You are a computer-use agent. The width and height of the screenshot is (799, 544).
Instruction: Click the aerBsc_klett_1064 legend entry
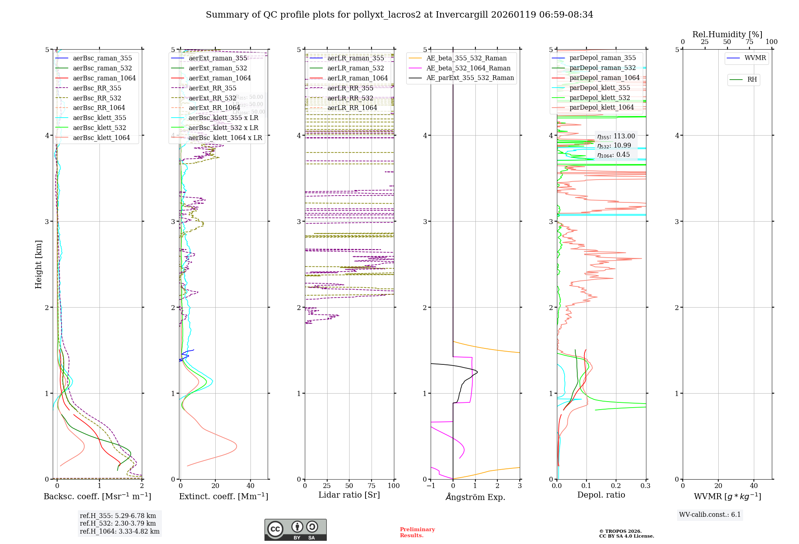pos(101,138)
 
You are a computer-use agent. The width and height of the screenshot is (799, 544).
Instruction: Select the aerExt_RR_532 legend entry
pos(212,98)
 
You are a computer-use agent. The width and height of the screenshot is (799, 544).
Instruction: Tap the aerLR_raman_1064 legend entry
pos(357,78)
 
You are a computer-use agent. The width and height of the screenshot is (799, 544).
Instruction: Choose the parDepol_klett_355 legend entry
pos(599,88)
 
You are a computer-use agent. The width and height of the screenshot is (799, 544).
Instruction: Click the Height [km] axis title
pos(38,264)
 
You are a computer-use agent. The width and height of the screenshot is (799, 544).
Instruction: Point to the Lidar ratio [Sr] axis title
pos(349,495)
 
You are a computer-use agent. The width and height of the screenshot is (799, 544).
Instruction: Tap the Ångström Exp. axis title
pos(475,497)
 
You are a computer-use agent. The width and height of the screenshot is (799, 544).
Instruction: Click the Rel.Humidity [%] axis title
pos(727,34)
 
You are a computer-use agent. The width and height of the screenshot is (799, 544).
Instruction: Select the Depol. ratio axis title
pos(601,495)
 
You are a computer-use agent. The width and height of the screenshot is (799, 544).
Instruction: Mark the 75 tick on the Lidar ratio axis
pos(372,486)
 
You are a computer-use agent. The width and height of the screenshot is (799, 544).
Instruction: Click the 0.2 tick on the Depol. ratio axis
pos(616,486)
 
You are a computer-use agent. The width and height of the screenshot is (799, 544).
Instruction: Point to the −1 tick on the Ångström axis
pos(431,486)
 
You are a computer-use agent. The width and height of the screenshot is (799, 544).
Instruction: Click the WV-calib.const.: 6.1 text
pos(710,514)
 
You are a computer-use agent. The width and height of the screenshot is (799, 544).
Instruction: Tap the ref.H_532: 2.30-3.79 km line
pos(118,523)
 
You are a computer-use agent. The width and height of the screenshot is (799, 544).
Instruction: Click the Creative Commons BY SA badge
pos(295,530)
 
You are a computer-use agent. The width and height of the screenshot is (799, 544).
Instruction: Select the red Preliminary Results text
pos(417,532)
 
